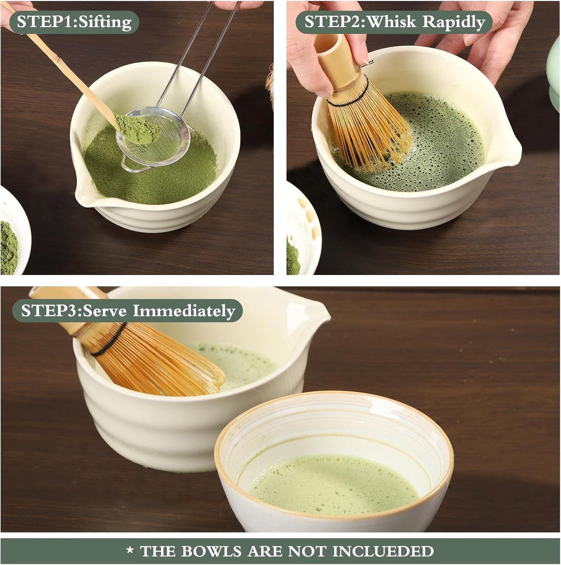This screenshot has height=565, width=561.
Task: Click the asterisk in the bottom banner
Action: pos(130,550)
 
